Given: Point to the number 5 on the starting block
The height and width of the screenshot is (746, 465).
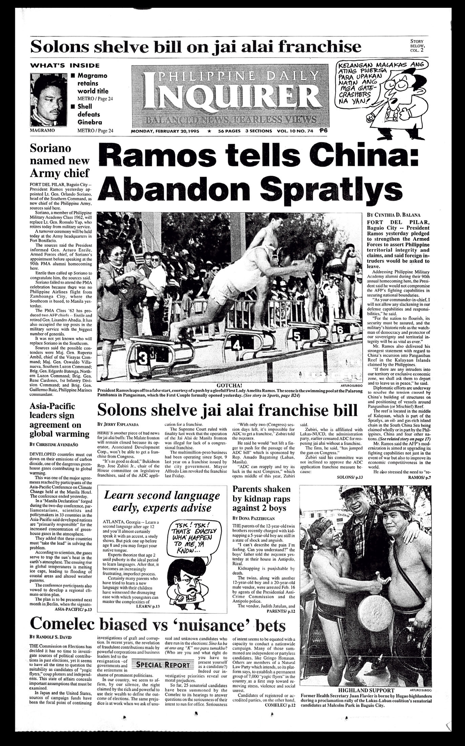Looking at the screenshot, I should (x=297, y=336).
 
